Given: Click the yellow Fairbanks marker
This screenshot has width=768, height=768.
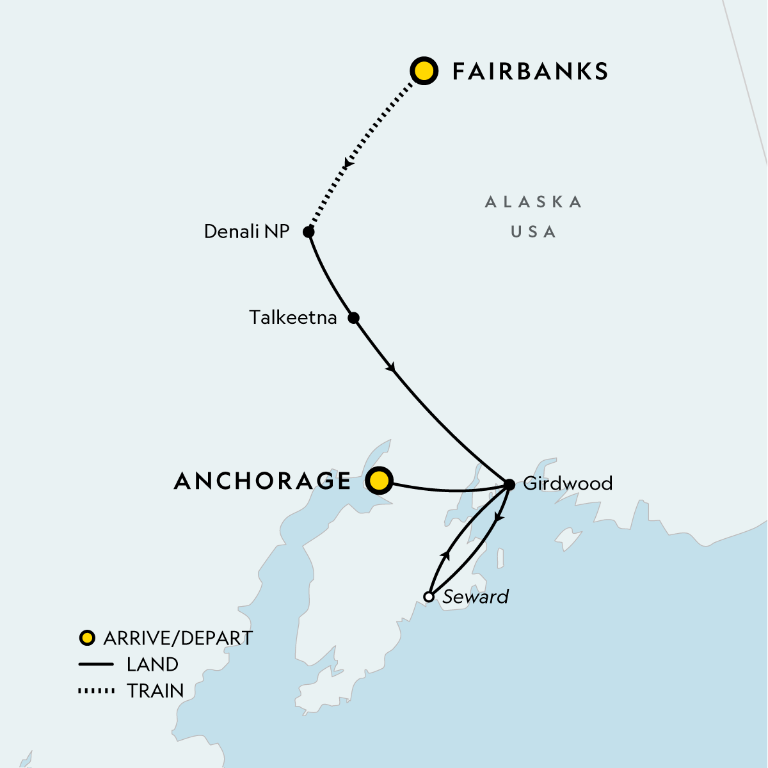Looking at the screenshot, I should [424, 71].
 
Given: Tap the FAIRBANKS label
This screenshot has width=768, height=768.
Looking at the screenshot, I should [530, 72].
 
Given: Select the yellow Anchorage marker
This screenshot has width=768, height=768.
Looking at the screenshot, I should [380, 480].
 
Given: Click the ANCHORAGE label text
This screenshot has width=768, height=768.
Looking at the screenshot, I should [263, 481].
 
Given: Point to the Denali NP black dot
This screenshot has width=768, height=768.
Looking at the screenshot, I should [308, 232].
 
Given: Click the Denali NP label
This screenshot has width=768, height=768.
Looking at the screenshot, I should [246, 232].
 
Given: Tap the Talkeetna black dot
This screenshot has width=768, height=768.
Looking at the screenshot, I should [353, 317].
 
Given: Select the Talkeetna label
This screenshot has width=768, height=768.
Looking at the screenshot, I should [293, 317].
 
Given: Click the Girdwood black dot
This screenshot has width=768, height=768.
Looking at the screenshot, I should [509, 484].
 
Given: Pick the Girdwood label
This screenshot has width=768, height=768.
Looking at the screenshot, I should [568, 483].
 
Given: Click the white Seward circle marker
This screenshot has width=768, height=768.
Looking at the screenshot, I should [429, 597].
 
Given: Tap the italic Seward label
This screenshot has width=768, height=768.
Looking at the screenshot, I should [476, 597].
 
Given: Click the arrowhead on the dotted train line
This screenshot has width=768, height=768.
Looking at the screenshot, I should [346, 164].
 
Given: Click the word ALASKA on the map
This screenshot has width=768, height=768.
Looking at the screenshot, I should [534, 202].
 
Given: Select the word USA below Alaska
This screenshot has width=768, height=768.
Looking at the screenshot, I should [534, 232].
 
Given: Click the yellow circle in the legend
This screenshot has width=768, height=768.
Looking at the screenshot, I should [87, 638].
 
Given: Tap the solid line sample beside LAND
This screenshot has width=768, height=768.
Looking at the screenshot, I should [96, 665].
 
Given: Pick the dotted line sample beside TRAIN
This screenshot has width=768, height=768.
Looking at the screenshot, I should [96, 691].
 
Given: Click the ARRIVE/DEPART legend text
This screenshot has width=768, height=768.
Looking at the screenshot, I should [178, 638].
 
